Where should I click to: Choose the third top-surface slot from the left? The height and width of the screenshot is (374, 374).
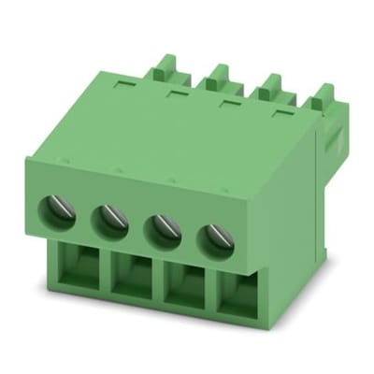pyautogui.click(x=227, y=102)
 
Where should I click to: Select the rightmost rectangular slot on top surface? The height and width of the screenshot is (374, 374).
pyautogui.click(x=280, y=113)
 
